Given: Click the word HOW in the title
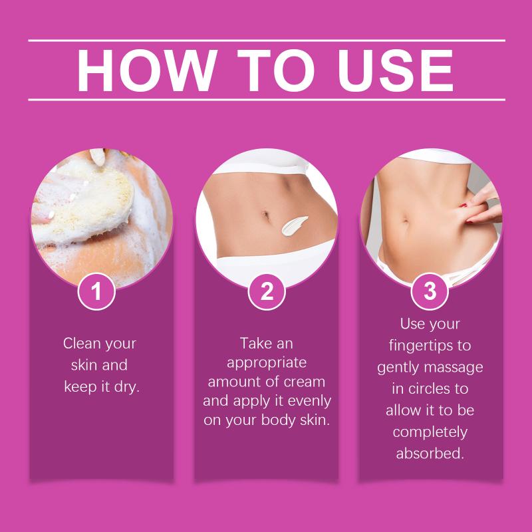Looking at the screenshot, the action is [x=147, y=70].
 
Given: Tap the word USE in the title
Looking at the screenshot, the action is [x=396, y=70].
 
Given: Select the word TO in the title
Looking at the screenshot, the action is [x=276, y=70].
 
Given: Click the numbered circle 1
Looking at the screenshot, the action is [x=96, y=291].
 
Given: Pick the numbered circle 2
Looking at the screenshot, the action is [x=267, y=291].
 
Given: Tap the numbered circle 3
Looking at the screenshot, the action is [x=430, y=291].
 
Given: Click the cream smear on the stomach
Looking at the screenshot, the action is [x=294, y=225].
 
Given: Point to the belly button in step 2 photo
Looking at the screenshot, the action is [x=265, y=215].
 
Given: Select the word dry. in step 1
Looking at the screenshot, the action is [x=127, y=386].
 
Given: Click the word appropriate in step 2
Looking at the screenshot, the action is [x=267, y=363].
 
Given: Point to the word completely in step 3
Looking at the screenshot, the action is [x=430, y=433].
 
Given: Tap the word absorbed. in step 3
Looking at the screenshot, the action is [x=430, y=454].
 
